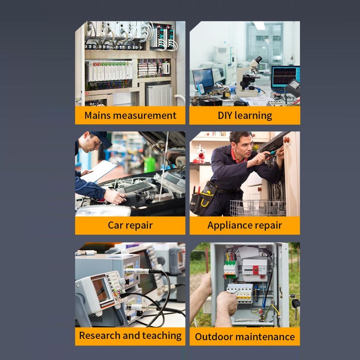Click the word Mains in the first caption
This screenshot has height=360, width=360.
97,116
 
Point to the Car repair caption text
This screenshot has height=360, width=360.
130,225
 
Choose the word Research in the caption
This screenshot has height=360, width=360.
99,335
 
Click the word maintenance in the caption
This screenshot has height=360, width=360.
265,337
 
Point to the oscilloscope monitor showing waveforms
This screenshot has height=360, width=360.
284,76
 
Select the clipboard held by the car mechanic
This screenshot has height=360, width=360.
99,171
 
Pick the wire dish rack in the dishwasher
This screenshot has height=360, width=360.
256,207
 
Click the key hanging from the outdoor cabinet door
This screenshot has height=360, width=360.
296,303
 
